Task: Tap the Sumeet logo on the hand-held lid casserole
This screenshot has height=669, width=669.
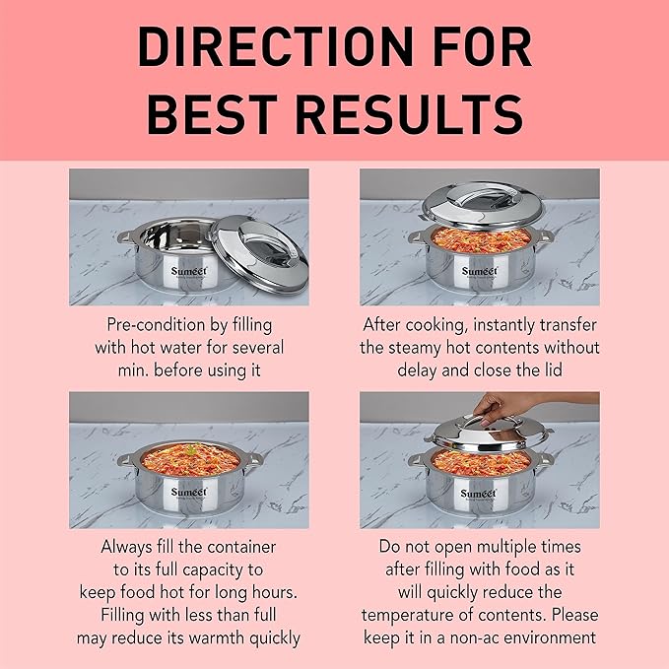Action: (479, 492)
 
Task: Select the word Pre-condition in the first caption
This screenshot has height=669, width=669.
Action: (152, 324)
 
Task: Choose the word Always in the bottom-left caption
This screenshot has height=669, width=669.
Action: (126, 546)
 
